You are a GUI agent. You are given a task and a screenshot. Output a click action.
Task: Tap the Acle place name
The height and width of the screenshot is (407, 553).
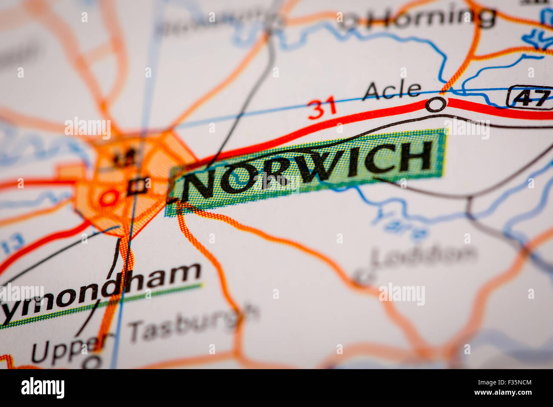coord(392,91)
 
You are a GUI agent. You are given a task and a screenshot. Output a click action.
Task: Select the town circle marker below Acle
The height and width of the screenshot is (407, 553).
coord(436,104)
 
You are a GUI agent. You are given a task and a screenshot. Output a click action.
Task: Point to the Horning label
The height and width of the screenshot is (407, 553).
coord(431,18)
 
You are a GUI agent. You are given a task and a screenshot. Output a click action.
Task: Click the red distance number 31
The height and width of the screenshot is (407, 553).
coord(322,109)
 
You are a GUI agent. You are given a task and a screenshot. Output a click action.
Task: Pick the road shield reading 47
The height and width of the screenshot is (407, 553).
coord(530,97)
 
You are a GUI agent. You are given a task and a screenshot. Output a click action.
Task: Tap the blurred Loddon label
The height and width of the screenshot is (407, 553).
coord(423,255)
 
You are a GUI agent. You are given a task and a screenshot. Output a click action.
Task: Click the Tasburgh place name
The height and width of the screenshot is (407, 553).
coord(194,324)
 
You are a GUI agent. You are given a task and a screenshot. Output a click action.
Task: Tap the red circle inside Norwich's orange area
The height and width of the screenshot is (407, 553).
coord(108,198)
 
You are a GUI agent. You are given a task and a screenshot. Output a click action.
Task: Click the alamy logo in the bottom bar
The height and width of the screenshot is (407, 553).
coord(43,388)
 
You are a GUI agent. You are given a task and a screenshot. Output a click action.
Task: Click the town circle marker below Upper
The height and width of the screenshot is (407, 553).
coord(91,362)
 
